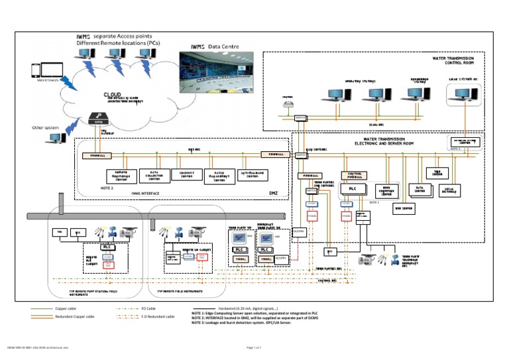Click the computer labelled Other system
56,138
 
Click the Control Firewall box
354,175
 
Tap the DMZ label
272,193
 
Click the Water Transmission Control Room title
458,61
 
